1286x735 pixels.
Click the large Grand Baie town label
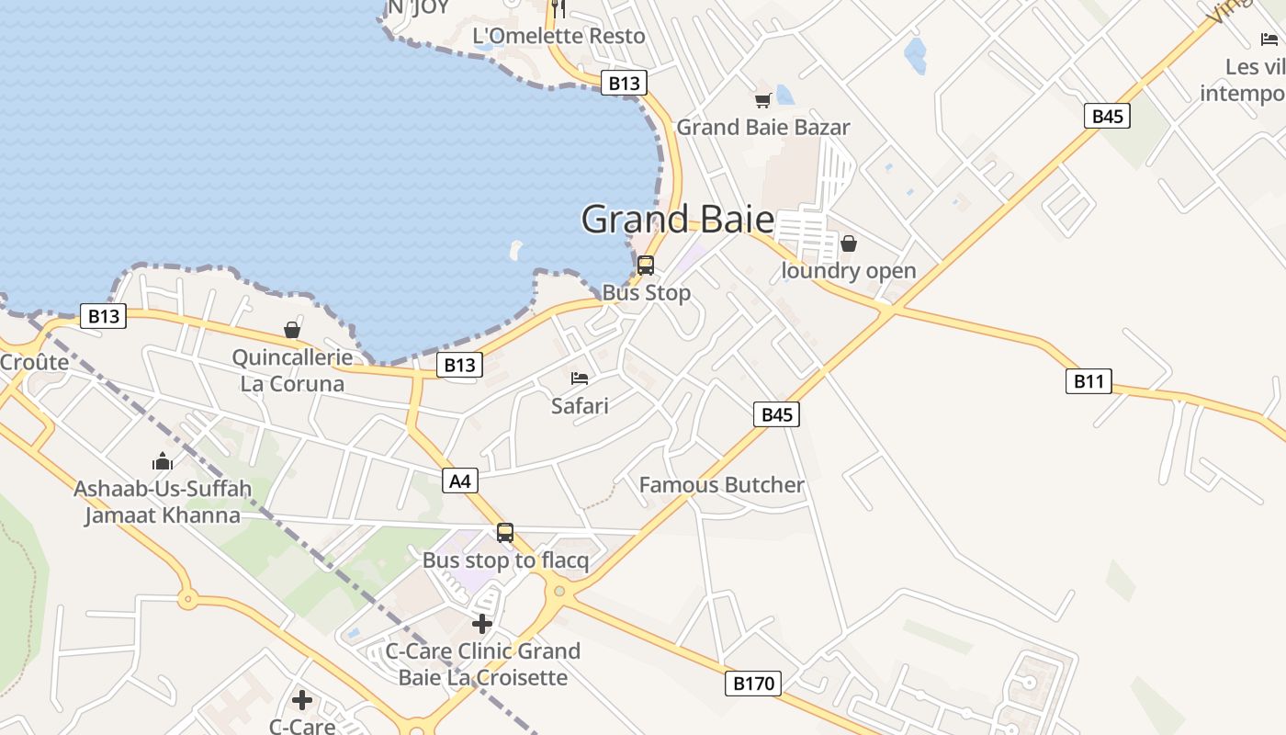click(678, 220)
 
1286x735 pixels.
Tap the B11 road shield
click(1089, 380)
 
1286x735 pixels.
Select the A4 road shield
click(460, 480)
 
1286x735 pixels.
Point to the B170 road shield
click(753, 683)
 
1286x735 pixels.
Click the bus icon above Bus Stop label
click(646, 266)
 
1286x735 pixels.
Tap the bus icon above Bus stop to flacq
click(505, 533)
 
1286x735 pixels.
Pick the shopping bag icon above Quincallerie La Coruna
click(292, 330)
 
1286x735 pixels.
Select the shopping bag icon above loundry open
click(849, 243)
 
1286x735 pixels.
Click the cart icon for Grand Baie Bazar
click(762, 100)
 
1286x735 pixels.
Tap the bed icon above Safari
click(580, 378)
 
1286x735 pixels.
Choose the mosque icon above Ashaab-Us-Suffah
click(163, 461)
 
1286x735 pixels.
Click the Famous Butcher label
click(721, 485)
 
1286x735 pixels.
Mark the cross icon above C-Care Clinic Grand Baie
click(482, 624)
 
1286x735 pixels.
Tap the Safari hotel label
click(580, 404)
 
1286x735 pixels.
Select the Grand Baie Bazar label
click(763, 127)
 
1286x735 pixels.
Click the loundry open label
click(849, 271)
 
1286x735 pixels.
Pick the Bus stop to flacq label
click(505, 560)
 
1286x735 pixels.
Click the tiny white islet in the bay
click(515, 250)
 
